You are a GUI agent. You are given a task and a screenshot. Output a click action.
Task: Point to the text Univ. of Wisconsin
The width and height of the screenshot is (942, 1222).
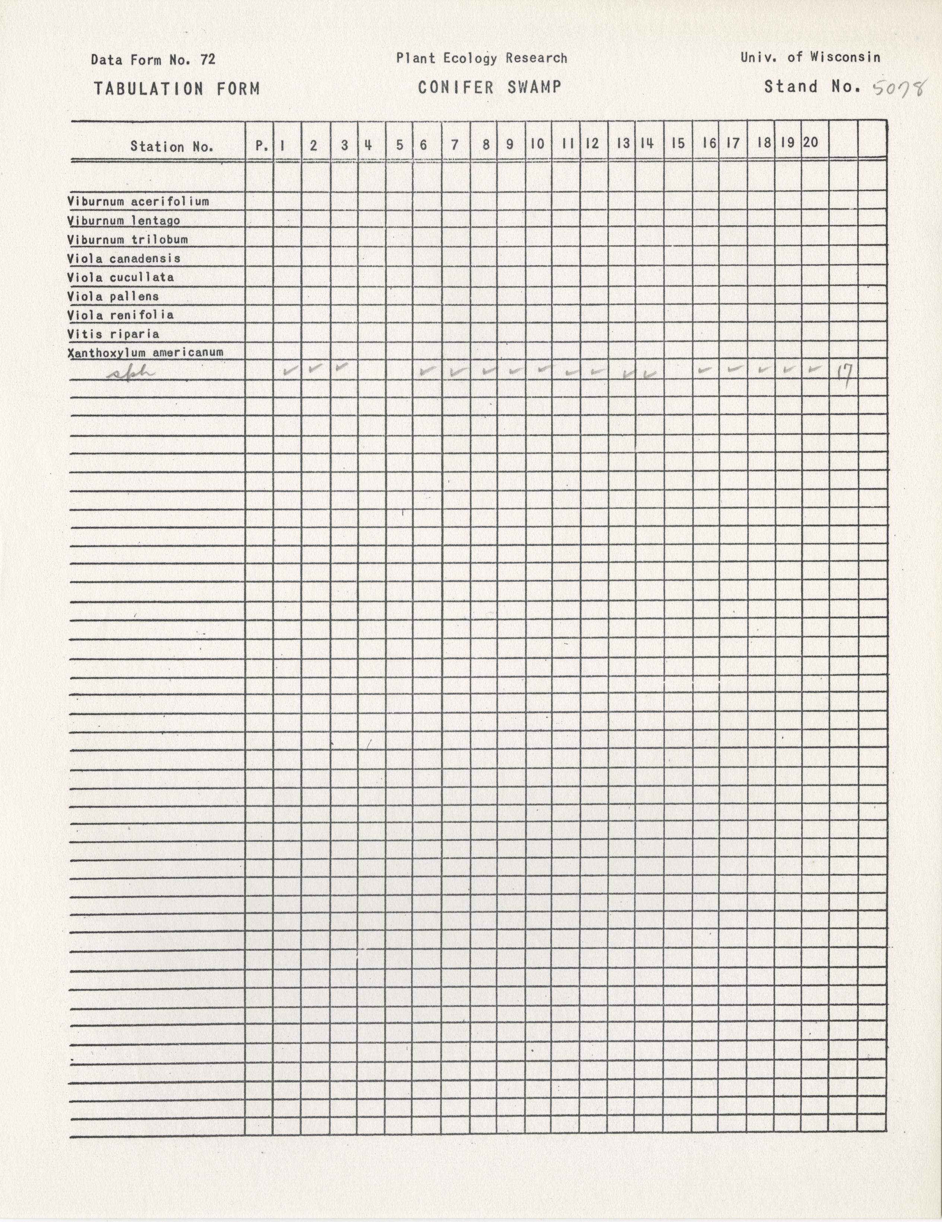[810, 57]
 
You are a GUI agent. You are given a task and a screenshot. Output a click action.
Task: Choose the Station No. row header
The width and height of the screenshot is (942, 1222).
[172, 147]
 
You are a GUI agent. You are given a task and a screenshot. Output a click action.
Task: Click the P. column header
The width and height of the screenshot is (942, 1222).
[260, 146]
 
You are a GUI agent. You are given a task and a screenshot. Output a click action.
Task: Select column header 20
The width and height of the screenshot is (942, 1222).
[811, 143]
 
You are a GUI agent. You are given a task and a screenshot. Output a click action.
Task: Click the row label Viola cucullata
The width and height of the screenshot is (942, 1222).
[120, 277]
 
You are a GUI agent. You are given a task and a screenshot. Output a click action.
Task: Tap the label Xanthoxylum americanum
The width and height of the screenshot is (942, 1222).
[146, 353]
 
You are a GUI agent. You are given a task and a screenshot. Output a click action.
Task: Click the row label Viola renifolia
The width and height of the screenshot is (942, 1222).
[120, 315]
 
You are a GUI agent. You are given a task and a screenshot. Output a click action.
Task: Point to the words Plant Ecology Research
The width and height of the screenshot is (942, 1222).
[482, 58]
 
